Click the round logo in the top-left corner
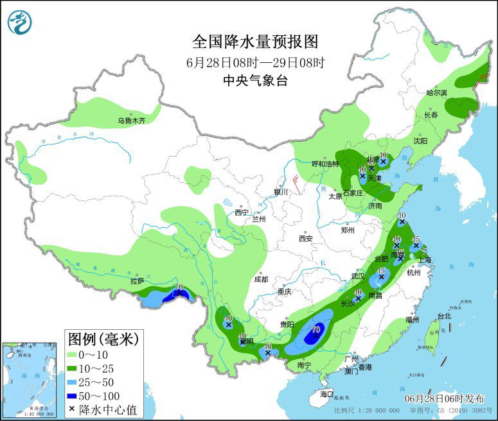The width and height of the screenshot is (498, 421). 20,22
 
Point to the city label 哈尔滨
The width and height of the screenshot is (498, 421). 436,93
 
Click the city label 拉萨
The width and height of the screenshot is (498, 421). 137,280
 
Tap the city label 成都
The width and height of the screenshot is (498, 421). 261,279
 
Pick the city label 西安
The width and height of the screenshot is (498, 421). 305,239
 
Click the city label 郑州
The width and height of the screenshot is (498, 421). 348,229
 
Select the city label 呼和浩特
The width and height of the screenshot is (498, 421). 325,164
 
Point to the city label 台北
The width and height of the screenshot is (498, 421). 444,316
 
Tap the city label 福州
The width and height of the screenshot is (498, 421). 413,320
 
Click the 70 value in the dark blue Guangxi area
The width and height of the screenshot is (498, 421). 316,330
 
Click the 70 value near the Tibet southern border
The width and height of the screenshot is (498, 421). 179,287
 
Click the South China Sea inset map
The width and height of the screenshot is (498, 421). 30,379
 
